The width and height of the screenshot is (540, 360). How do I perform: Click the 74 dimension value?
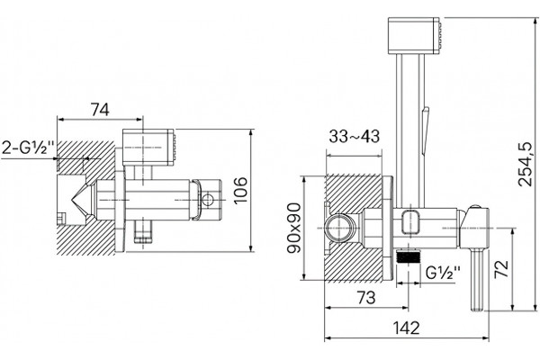[x=100, y=110]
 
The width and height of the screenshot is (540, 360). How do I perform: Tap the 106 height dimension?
[x=240, y=190]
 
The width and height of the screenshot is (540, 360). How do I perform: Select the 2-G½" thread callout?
[x=29, y=148]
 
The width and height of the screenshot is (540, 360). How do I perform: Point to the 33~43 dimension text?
[x=354, y=136]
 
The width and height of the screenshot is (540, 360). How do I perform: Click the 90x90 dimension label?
[x=294, y=228]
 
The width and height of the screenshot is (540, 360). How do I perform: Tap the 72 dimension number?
[x=501, y=269]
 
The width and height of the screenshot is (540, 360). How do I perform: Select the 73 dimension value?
[x=366, y=297]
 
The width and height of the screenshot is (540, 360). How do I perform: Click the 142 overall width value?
[x=407, y=328]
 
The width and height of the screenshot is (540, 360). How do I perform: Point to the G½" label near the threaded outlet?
[x=443, y=273]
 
